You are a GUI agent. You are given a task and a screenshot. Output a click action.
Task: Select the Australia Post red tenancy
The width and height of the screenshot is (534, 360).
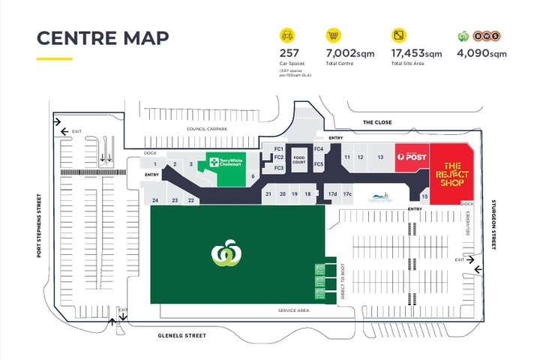[412, 157]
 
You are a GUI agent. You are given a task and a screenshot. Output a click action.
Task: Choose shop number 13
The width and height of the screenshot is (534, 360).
[380, 157]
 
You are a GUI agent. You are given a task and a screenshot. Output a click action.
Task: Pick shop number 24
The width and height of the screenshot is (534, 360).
[155, 200]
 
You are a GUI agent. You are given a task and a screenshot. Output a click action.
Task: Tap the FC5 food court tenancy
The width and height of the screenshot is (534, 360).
[319, 163]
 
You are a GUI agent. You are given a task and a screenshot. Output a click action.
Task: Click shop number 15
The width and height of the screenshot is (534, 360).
[424, 196]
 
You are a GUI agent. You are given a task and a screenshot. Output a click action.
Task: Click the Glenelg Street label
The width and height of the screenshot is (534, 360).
[181, 336]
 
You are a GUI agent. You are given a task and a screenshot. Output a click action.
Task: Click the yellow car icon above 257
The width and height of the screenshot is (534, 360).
[287, 35]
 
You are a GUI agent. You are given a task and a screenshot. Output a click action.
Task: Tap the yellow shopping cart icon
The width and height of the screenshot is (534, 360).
[333, 35]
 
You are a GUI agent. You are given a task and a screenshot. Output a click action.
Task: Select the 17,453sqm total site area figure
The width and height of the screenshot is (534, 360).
[417, 53]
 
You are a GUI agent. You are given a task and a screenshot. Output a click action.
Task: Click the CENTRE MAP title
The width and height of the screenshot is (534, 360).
[103, 38]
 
